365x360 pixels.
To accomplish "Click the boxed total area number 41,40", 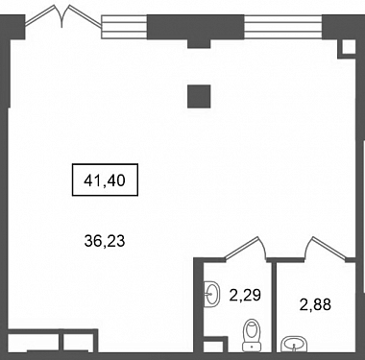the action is tap(105, 180).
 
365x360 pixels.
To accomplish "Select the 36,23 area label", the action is tap(105, 241).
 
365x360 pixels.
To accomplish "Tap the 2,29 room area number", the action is tap(245, 295).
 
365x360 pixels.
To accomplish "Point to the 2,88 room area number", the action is tap(315, 304).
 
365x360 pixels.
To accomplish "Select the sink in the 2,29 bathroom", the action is tap(211, 294).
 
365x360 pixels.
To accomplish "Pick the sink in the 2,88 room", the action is tap(294, 345).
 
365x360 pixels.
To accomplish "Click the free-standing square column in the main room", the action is tap(199, 96).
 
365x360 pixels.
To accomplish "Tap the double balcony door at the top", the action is tap(62, 17).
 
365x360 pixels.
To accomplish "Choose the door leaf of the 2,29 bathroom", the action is tap(242, 248).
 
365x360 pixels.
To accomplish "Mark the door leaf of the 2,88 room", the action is tap(329, 248).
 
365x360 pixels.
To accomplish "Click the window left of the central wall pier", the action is tap(124, 27).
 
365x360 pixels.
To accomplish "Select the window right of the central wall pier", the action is tap(283, 27).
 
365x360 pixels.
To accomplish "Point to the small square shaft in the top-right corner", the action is tap(348, 48).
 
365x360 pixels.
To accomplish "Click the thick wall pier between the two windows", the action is tap(196, 30).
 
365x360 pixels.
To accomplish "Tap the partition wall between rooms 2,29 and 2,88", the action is tap(274, 306).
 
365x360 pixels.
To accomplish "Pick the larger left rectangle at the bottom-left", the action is tap(33, 343).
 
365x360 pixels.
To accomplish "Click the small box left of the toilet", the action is tap(214, 345).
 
